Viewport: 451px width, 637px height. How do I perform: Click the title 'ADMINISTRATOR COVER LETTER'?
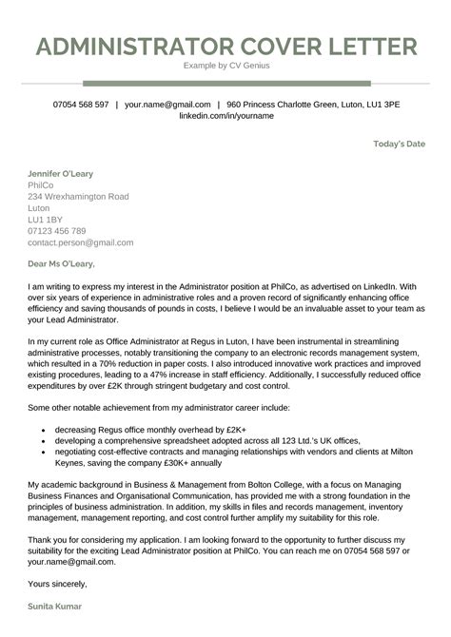(x=225, y=48)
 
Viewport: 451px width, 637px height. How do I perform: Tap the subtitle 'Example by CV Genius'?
(x=225, y=68)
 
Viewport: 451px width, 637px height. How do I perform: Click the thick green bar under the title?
(x=225, y=84)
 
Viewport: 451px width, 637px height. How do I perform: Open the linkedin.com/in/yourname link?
(x=225, y=115)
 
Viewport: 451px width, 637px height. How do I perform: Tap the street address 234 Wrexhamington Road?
(x=78, y=196)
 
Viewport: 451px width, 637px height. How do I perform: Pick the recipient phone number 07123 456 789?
(x=57, y=230)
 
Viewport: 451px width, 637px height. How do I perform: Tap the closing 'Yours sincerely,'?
(x=58, y=582)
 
